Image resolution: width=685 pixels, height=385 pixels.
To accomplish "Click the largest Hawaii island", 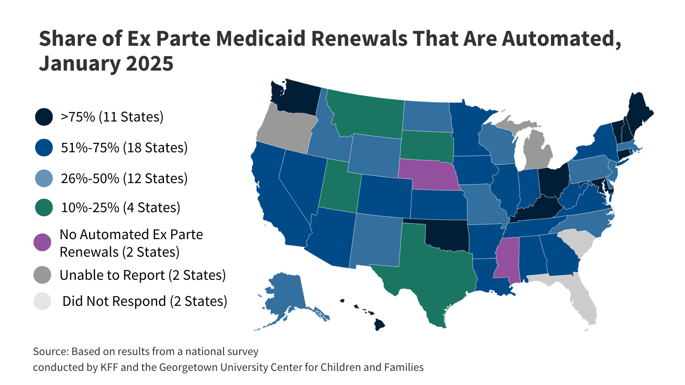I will pos(379,325).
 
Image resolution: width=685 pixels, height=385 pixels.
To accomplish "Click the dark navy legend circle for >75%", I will pos(44,117).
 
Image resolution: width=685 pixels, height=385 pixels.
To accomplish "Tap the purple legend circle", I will pos(42,243).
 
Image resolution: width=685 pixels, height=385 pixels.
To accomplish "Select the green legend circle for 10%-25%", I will pos(44,207).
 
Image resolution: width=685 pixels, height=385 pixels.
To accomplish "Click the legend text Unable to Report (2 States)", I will pos(143,275).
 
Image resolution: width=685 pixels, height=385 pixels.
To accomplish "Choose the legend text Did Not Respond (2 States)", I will pos(145,301).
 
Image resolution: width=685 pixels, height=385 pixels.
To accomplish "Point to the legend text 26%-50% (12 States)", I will pos(124,178).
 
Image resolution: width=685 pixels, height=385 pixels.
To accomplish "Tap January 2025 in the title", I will pos(106,63).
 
